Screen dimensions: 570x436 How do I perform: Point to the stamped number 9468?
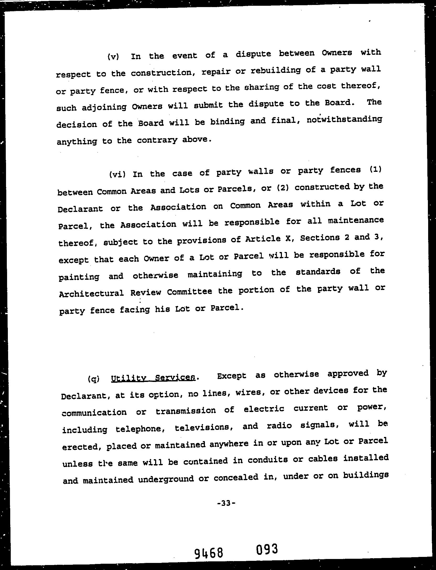pyautogui.click(x=209, y=553)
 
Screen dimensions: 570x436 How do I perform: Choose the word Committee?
pyautogui.click(x=189, y=292)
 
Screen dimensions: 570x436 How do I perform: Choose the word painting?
pyautogui.click(x=79, y=277)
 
